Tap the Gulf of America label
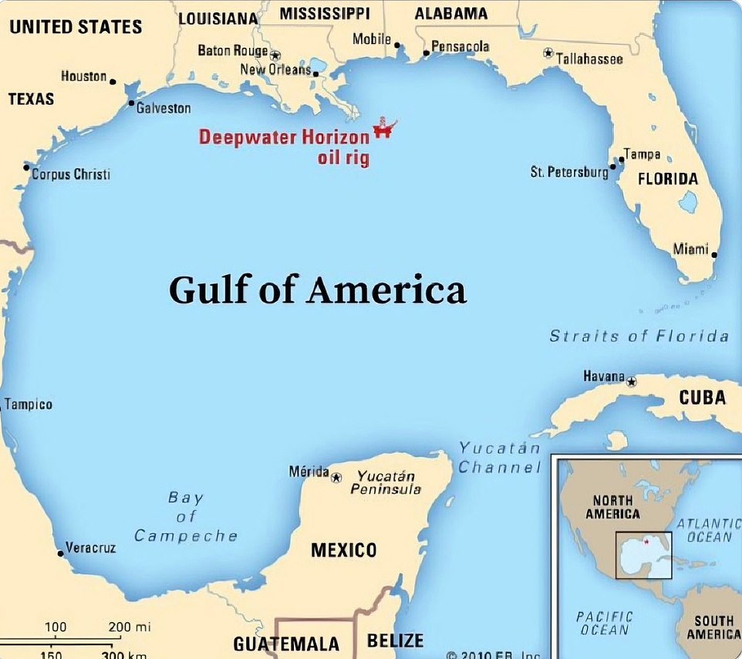point(317,291)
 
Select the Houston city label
point(83,76)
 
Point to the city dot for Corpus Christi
point(26,167)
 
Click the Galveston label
point(164,109)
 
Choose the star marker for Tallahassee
point(548,53)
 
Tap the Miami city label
point(690,249)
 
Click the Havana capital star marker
point(632,381)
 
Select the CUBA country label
point(702,397)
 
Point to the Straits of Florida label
point(639,336)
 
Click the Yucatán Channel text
point(499,458)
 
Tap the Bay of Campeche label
point(186,516)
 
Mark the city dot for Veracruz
point(60,553)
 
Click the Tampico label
point(29,404)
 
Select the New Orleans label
point(275,70)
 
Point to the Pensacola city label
point(460,47)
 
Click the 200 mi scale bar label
point(129,627)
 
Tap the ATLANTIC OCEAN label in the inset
point(707,530)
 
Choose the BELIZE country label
point(395,640)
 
